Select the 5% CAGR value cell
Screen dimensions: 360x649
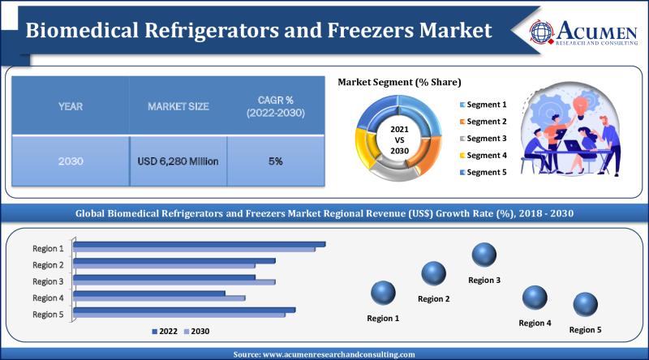pyautogui.click(x=276, y=161)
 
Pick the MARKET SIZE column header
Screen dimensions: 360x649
pyautogui.click(x=178, y=106)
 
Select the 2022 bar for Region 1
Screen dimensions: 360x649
pyautogui.click(x=200, y=243)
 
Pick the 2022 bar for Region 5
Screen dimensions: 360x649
pyautogui.click(x=185, y=309)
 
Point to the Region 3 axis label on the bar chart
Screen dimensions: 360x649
pyautogui.click(x=47, y=281)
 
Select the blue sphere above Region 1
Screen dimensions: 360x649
pyautogui.click(x=383, y=293)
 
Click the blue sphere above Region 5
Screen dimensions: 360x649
pyautogui.click(x=586, y=305)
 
